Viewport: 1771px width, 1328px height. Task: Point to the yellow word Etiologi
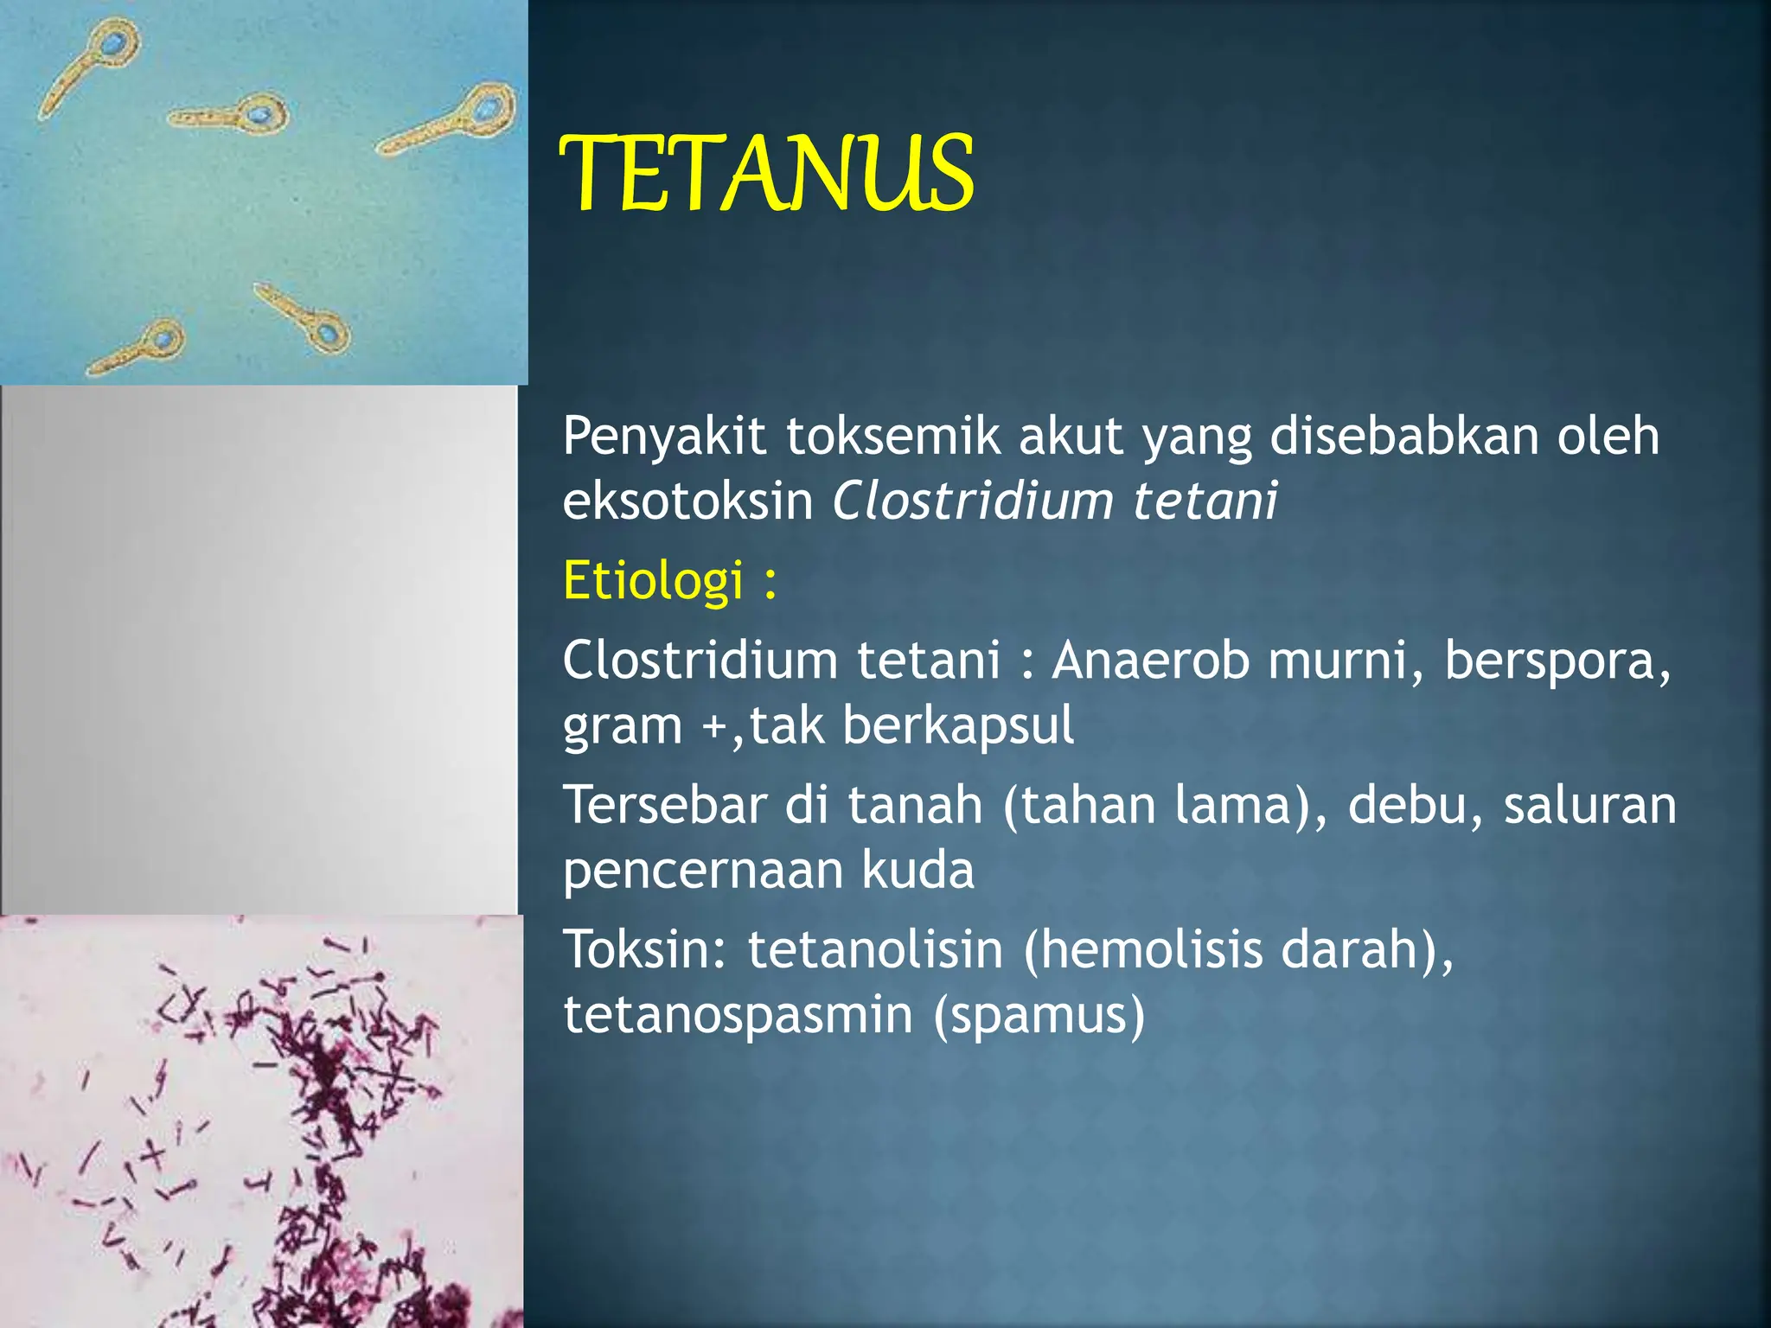pyautogui.click(x=653, y=579)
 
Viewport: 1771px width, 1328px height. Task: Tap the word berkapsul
pyautogui.click(x=958, y=725)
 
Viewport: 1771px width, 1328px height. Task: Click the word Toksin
pyautogui.click(x=645, y=949)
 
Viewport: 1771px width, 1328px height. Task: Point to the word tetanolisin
pyautogui.click(x=875, y=949)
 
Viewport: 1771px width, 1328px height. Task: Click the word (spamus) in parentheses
pyautogui.click(x=1039, y=1014)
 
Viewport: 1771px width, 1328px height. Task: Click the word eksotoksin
pyautogui.click(x=687, y=501)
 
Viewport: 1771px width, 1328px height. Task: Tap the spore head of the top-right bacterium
pyautogui.click(x=489, y=111)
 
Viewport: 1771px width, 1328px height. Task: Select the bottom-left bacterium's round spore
pyautogui.click(x=161, y=339)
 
